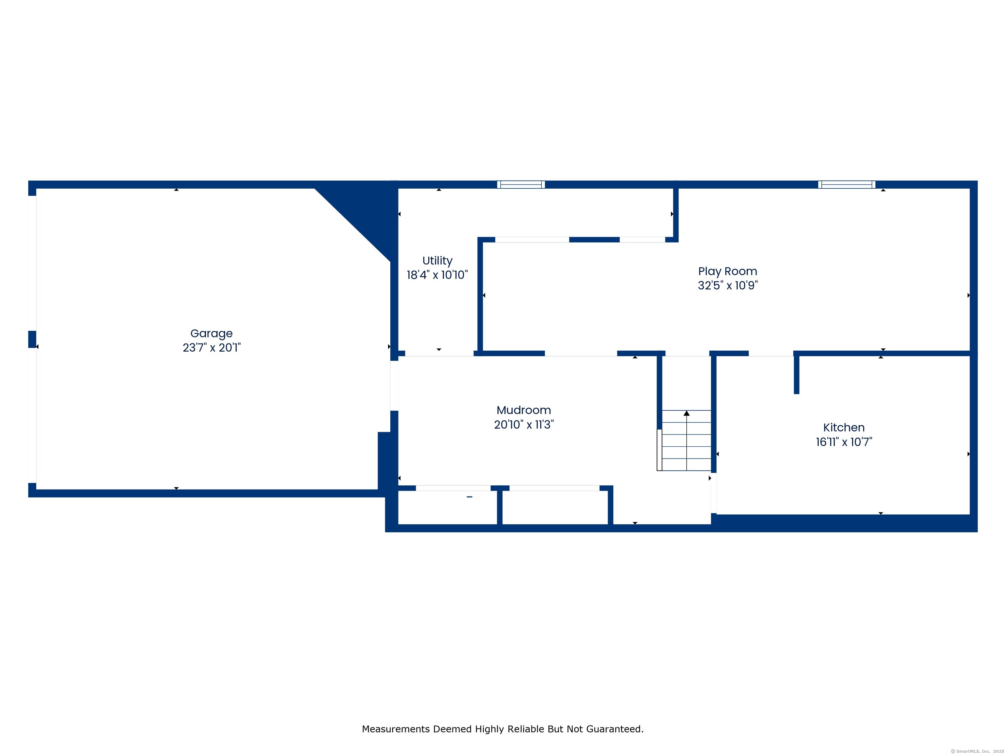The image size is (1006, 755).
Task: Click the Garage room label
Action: click(x=212, y=334)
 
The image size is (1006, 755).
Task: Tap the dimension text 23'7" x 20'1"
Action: click(x=212, y=348)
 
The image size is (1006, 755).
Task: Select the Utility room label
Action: click(x=437, y=261)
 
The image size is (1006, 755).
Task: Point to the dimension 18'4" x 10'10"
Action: click(x=437, y=275)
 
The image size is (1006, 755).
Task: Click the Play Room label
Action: click(x=728, y=272)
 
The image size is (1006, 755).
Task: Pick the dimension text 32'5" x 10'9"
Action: click(x=728, y=285)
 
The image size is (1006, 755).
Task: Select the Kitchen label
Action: click(x=844, y=428)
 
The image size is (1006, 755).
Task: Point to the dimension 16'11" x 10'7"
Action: click(x=844, y=442)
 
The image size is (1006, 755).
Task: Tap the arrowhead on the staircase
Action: click(x=686, y=413)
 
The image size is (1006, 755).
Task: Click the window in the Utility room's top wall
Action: click(x=521, y=184)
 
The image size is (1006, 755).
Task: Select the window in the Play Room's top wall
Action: click(x=847, y=184)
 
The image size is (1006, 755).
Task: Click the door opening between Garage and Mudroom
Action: click(x=394, y=386)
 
